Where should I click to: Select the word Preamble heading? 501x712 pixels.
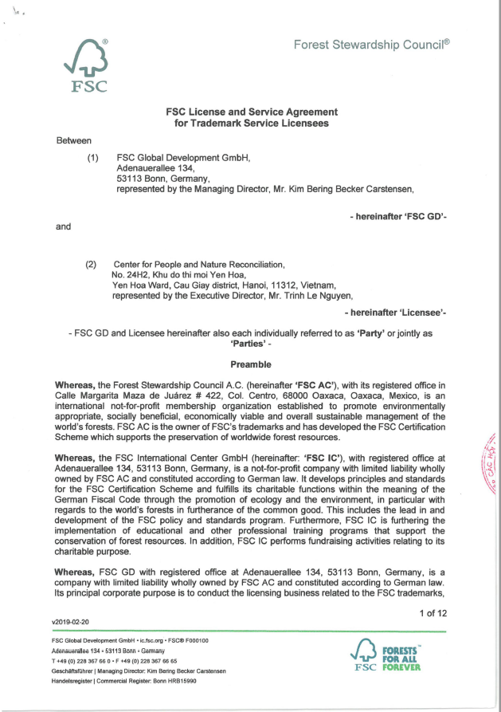pyautogui.click(x=250, y=364)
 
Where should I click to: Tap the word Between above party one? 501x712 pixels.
pyautogui.click(x=74, y=140)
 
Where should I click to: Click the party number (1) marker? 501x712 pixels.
pyautogui.click(x=93, y=158)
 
